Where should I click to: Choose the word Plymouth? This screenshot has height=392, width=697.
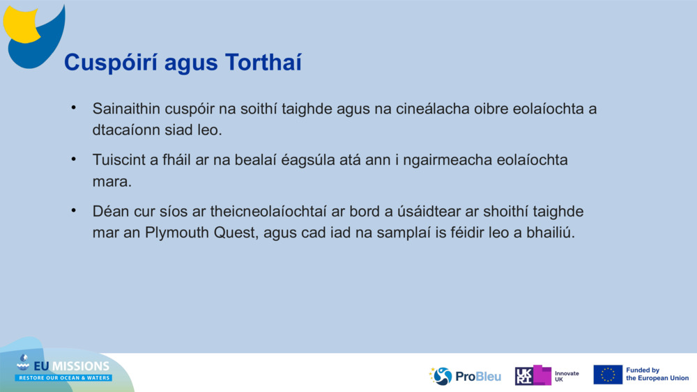click(x=175, y=233)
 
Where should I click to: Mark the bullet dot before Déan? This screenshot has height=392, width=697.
click(x=72, y=210)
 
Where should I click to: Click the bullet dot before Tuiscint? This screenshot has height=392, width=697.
click(x=72, y=159)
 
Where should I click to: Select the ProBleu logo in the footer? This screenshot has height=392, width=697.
click(x=465, y=376)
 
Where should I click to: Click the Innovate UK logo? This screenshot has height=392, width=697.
click(x=547, y=376)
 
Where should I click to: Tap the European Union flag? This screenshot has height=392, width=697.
click(x=608, y=375)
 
